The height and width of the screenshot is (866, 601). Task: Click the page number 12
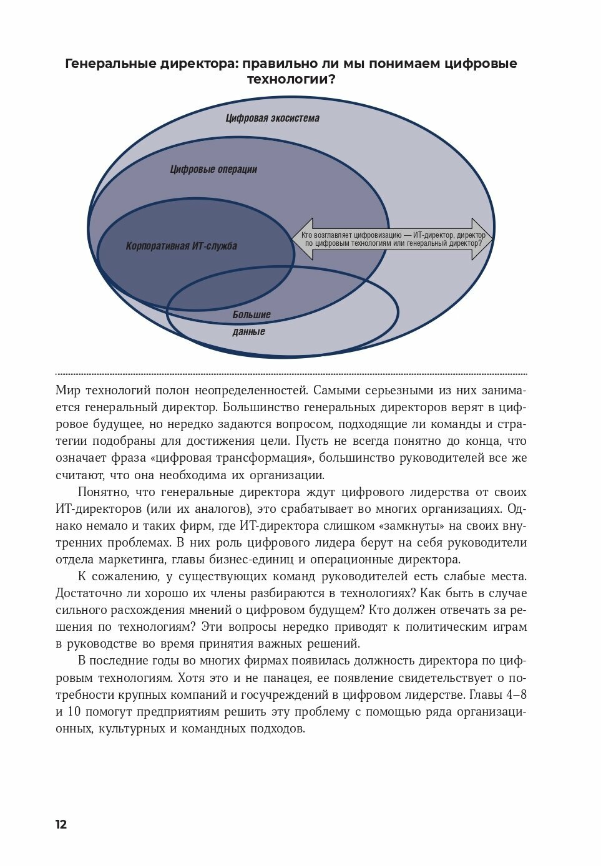61,824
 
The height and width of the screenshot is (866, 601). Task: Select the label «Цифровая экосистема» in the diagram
272,118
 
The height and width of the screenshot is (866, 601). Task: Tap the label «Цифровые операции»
213,169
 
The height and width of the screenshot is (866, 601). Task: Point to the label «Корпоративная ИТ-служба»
181,246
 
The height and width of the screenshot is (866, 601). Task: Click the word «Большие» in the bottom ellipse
252,314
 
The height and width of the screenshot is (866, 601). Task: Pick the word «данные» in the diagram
248,331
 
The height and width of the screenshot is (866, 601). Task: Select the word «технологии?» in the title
291,80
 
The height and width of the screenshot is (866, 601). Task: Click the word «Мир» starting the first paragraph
69,391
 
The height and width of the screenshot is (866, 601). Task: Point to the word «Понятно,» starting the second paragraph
102,492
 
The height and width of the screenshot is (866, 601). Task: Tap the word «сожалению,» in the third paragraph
126,576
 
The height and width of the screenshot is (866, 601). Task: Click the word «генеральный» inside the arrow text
429,243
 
